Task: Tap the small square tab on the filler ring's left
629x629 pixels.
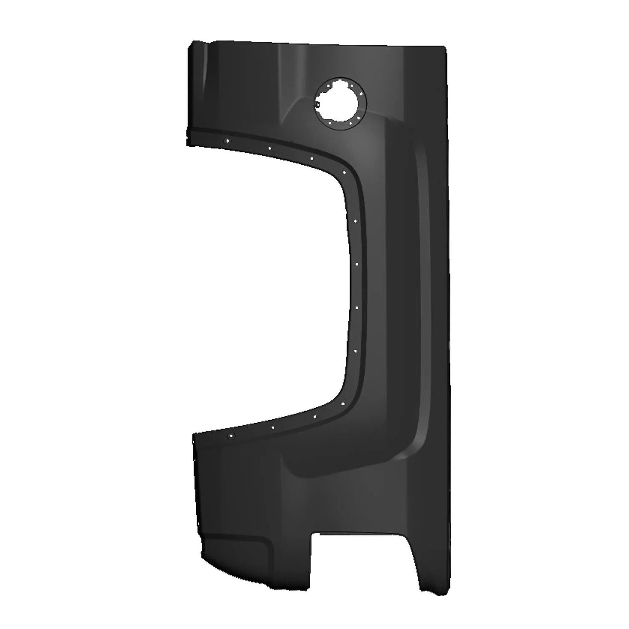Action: click(318, 103)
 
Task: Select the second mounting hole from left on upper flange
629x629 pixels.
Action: click(269, 148)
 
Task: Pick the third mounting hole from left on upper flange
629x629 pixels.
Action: click(311, 159)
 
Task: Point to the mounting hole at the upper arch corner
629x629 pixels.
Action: click(344, 172)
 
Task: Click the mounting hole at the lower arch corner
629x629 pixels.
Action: click(343, 403)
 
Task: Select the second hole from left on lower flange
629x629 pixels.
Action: click(273, 428)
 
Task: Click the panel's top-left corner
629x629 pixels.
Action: click(192, 43)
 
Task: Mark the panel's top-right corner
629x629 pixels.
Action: click(444, 45)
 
